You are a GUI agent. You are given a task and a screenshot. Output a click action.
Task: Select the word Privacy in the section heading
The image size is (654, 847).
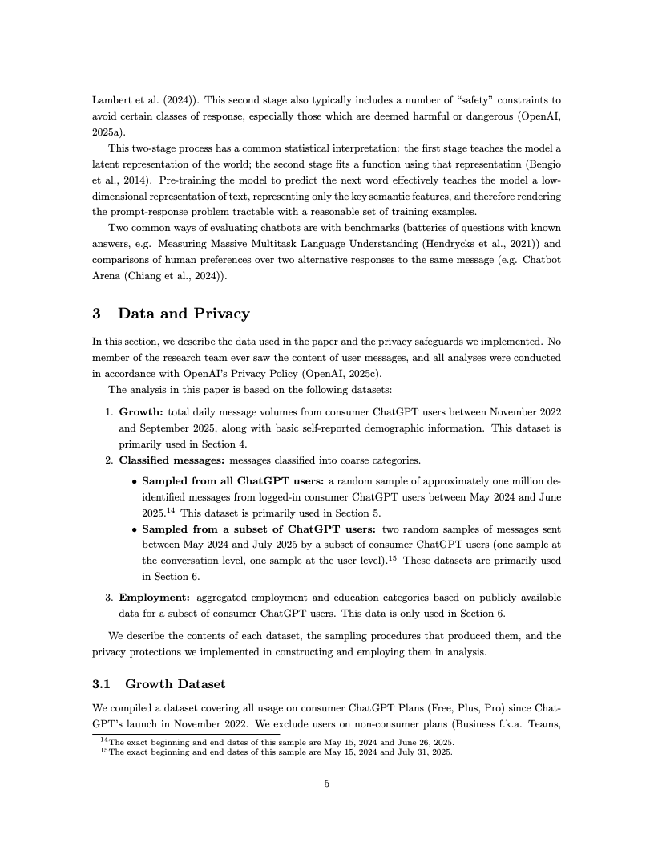pyautogui.click(x=221, y=314)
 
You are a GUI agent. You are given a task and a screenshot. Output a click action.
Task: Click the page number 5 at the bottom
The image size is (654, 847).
pyautogui.click(x=327, y=784)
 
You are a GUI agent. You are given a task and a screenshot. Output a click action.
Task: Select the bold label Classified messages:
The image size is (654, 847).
pyautogui.click(x=172, y=460)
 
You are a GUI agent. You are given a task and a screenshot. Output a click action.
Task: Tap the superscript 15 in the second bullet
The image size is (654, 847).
pyautogui.click(x=395, y=558)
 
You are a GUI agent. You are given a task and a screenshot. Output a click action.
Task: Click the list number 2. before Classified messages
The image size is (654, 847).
pyautogui.click(x=110, y=460)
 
